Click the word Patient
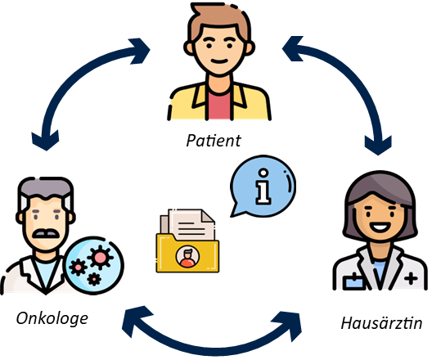pyautogui.click(x=214, y=141)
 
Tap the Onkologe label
pyautogui.click(x=52, y=319)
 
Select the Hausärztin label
pyautogui.click(x=381, y=323)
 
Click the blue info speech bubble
pyautogui.click(x=263, y=187)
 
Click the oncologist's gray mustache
pyautogui.click(x=46, y=233)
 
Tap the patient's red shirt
pyautogui.click(x=219, y=106)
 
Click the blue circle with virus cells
pyautogui.click(x=93, y=266)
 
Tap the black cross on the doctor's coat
pyautogui.click(x=411, y=278)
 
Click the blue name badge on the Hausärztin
pyautogui.click(x=353, y=281)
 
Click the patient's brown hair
pyautogui.click(x=219, y=20)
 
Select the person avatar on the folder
pyautogui.click(x=187, y=257)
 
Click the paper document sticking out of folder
pyautogui.click(x=191, y=224)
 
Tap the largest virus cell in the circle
pyautogui.click(x=101, y=257)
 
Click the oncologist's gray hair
pyautogui.click(x=46, y=190)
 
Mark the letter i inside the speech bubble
pyautogui.click(x=263, y=187)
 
